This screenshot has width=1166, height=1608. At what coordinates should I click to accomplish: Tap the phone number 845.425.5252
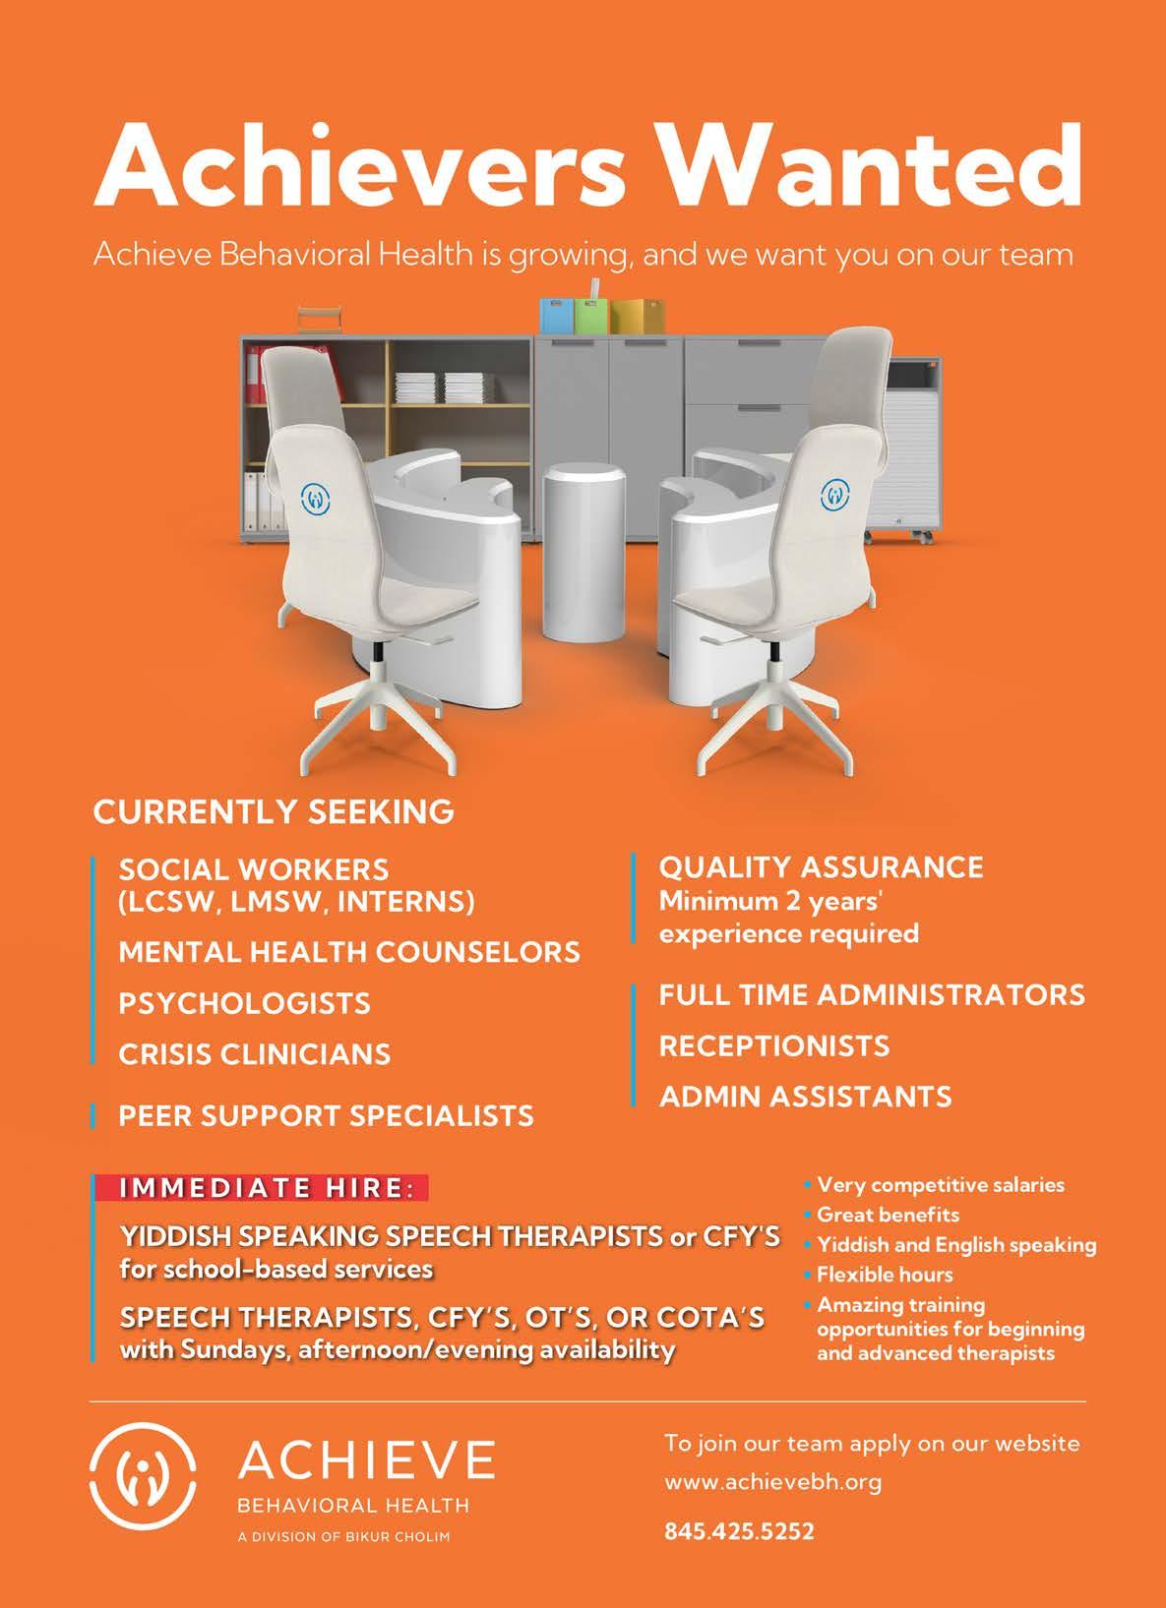coord(740,1531)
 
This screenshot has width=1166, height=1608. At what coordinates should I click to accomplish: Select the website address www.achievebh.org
coord(773,1481)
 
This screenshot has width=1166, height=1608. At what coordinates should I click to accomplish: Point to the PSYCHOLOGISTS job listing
coord(244,1003)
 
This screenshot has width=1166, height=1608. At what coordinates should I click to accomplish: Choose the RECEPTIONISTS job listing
coord(773,1045)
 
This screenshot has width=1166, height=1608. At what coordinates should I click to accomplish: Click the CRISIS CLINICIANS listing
coord(255,1054)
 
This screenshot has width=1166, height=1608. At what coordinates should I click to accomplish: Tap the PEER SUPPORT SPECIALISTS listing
coord(326,1116)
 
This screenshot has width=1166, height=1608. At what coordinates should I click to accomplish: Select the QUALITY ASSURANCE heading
coord(821,866)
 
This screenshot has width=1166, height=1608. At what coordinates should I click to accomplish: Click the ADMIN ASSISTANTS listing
coord(805,1097)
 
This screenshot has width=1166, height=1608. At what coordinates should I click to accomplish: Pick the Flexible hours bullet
coord(885,1275)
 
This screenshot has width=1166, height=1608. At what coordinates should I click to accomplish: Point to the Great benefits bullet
coord(888,1215)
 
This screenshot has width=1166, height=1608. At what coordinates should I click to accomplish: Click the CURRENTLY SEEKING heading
coord(274,812)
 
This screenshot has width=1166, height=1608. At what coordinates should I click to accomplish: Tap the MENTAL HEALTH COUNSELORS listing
coord(349,952)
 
